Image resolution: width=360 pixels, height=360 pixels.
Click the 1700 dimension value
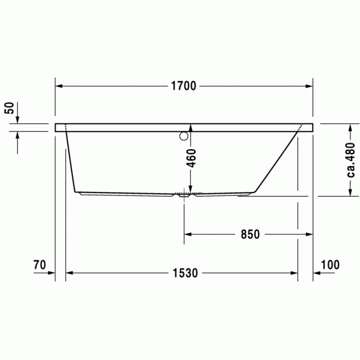pyautogui.click(x=184, y=86)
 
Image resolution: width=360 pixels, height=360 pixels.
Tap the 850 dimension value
pyautogui.click(x=250, y=234)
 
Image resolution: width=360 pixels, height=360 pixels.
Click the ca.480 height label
pyautogui.click(x=351, y=159)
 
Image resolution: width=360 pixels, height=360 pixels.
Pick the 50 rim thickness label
pyautogui.click(x=9, y=108)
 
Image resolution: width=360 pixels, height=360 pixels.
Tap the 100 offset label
pyautogui.click(x=330, y=265)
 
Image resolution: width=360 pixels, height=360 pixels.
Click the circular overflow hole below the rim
pyautogui.click(x=184, y=136)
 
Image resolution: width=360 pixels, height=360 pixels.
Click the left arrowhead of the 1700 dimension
pyautogui.click(x=59, y=86)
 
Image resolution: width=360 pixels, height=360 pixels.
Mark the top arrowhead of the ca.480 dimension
pyautogui.click(x=351, y=127)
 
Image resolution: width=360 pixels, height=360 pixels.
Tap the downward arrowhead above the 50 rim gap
pyautogui.click(x=17, y=120)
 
